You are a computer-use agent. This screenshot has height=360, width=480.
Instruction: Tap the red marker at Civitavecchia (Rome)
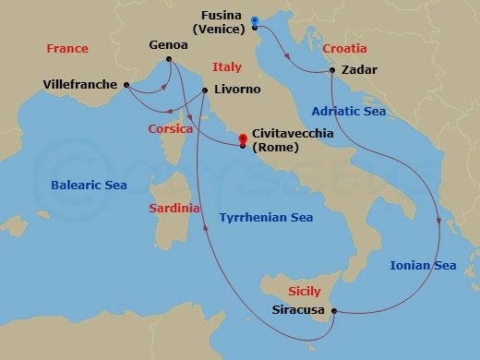(x=242, y=141)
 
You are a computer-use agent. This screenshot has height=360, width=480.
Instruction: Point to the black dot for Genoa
(x=169, y=61)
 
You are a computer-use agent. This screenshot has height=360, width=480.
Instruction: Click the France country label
(x=67, y=48)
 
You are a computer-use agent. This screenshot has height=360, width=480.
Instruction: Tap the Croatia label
(x=344, y=48)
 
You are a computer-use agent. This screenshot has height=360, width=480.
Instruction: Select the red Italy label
(x=227, y=67)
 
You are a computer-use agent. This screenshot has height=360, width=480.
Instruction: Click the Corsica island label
(x=171, y=129)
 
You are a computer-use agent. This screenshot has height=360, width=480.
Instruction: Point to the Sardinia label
(x=174, y=209)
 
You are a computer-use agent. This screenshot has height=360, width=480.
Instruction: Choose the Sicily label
(x=305, y=291)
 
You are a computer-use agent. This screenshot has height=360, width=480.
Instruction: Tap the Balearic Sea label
(x=90, y=185)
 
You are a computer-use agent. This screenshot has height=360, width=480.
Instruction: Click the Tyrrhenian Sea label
(x=266, y=218)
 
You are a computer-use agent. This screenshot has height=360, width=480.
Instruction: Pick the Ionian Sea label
(x=423, y=266)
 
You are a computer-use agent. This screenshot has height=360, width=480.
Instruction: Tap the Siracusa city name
(x=299, y=310)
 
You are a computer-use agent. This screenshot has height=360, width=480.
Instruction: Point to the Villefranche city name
(x=80, y=85)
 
